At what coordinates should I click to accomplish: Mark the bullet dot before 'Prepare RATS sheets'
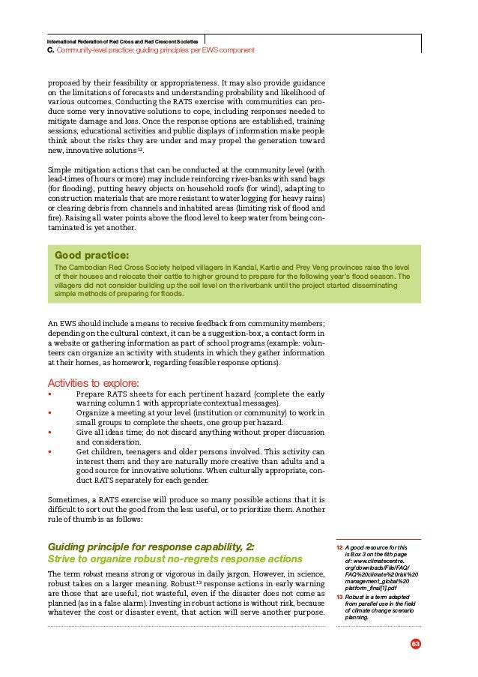point(49,394)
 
